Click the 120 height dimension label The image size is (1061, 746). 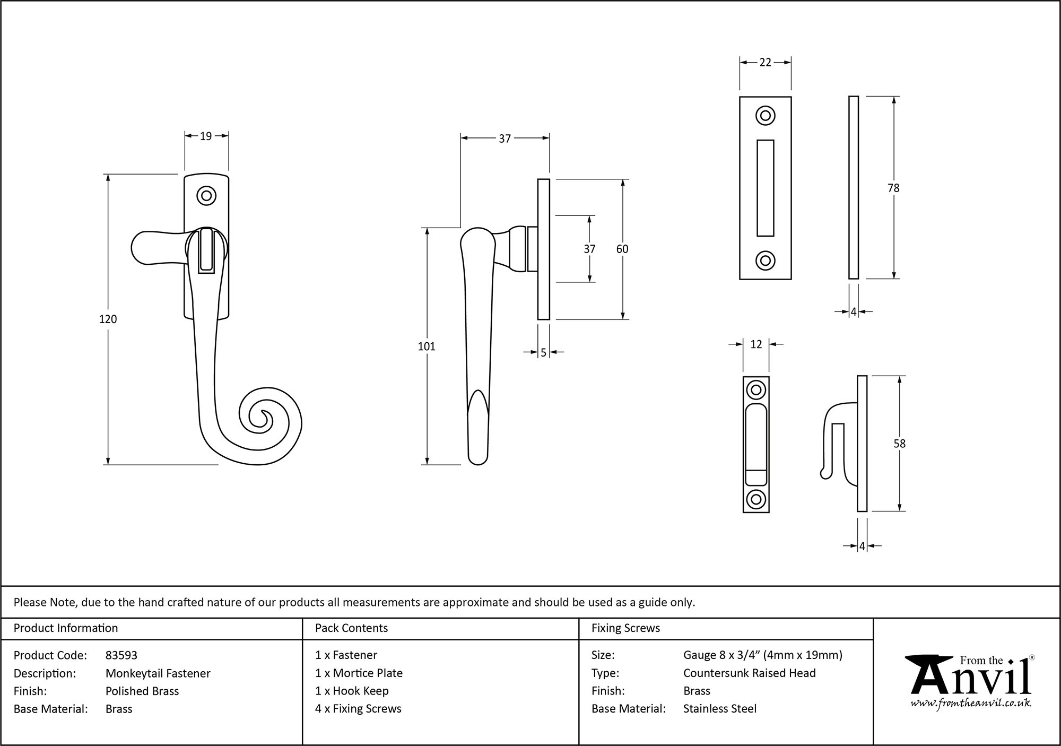(x=108, y=319)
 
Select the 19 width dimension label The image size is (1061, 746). (x=206, y=136)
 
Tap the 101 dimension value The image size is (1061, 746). (x=427, y=346)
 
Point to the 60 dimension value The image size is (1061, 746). (x=622, y=249)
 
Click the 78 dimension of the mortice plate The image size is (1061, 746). (x=893, y=188)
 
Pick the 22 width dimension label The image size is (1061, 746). (x=765, y=63)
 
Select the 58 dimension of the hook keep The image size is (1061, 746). (x=899, y=444)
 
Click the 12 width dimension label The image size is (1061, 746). (x=756, y=344)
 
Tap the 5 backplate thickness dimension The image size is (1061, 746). (x=543, y=353)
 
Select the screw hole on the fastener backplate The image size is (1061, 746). (x=206, y=196)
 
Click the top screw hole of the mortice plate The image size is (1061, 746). (x=765, y=116)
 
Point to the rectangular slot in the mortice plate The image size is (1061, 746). (x=765, y=188)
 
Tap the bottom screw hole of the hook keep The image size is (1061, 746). (x=756, y=499)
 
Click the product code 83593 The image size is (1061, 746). (x=121, y=655)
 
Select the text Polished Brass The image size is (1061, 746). (x=142, y=691)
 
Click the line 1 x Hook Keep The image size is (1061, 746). (x=352, y=691)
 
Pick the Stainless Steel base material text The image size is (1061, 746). (x=720, y=709)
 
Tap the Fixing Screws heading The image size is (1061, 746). (x=625, y=628)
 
